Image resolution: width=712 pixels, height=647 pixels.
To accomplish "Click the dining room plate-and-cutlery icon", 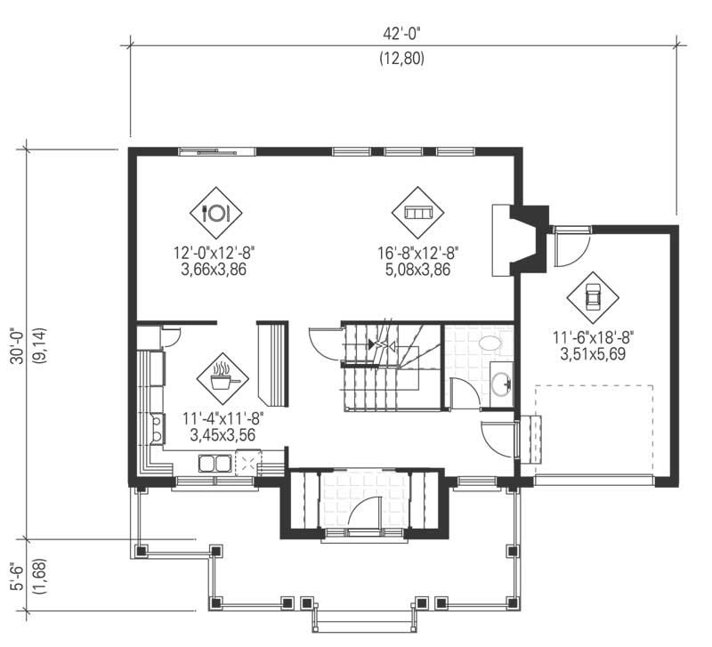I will click(x=216, y=213).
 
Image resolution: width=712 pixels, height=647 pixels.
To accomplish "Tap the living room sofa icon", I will click(x=418, y=213).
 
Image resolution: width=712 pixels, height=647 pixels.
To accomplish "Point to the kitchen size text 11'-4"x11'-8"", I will click(x=222, y=419).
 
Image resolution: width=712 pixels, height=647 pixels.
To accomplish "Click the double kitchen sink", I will click(x=214, y=462).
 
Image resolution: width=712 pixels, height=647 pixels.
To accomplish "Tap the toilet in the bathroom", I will click(x=490, y=344).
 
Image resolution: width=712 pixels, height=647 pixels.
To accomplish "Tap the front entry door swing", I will click(x=366, y=513).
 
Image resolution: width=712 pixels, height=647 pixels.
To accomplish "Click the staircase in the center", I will click(x=392, y=365).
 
